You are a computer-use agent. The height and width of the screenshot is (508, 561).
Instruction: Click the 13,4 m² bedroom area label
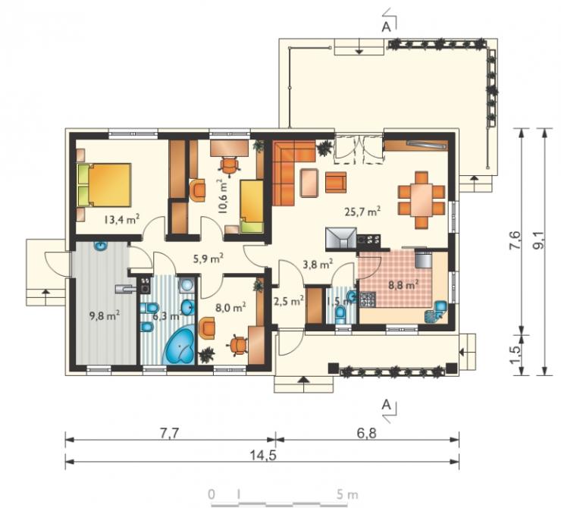pos(121,219)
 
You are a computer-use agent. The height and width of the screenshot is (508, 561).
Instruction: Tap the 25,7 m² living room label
pos(362,212)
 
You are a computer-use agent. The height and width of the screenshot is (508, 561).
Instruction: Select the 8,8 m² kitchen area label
pos(404,285)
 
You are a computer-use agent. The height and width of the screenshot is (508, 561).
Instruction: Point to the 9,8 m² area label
pos(104,315)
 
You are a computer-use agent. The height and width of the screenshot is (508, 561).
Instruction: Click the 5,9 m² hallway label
pos(208,258)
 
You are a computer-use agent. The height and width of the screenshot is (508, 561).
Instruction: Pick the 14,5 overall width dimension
pos(263,456)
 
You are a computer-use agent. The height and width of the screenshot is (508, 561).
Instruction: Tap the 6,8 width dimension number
pos(367,434)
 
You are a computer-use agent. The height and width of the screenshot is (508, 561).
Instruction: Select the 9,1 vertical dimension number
pos(539,240)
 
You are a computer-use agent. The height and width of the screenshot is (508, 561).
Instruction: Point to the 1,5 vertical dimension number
pos(516,355)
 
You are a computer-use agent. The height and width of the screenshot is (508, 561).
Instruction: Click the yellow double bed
pos(104,185)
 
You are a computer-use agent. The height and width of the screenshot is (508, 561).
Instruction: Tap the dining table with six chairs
pos(421,200)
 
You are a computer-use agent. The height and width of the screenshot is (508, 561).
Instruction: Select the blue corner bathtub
pos(178,345)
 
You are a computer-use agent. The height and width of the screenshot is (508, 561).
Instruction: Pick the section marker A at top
pos(386,27)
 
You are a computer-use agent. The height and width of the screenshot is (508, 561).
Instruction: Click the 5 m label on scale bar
pos(347,494)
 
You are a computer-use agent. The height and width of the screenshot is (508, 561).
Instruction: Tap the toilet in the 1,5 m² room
pos(340,315)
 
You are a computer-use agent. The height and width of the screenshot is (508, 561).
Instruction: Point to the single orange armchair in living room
pos(336,182)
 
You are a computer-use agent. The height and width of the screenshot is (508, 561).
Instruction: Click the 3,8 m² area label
pos(318,265)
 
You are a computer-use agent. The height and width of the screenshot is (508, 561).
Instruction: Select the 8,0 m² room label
pos(230,307)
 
